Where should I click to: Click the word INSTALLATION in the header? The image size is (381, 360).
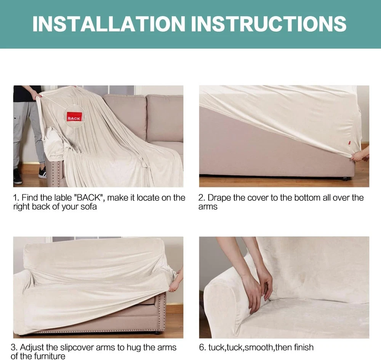point(109,24)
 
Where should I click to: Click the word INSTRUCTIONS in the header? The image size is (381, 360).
point(269,24)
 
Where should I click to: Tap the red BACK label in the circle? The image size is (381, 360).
point(74,118)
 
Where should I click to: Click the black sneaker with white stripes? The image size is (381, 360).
point(42,172)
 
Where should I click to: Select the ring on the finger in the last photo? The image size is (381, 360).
point(266,285)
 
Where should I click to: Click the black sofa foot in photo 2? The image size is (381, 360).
point(344,179)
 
